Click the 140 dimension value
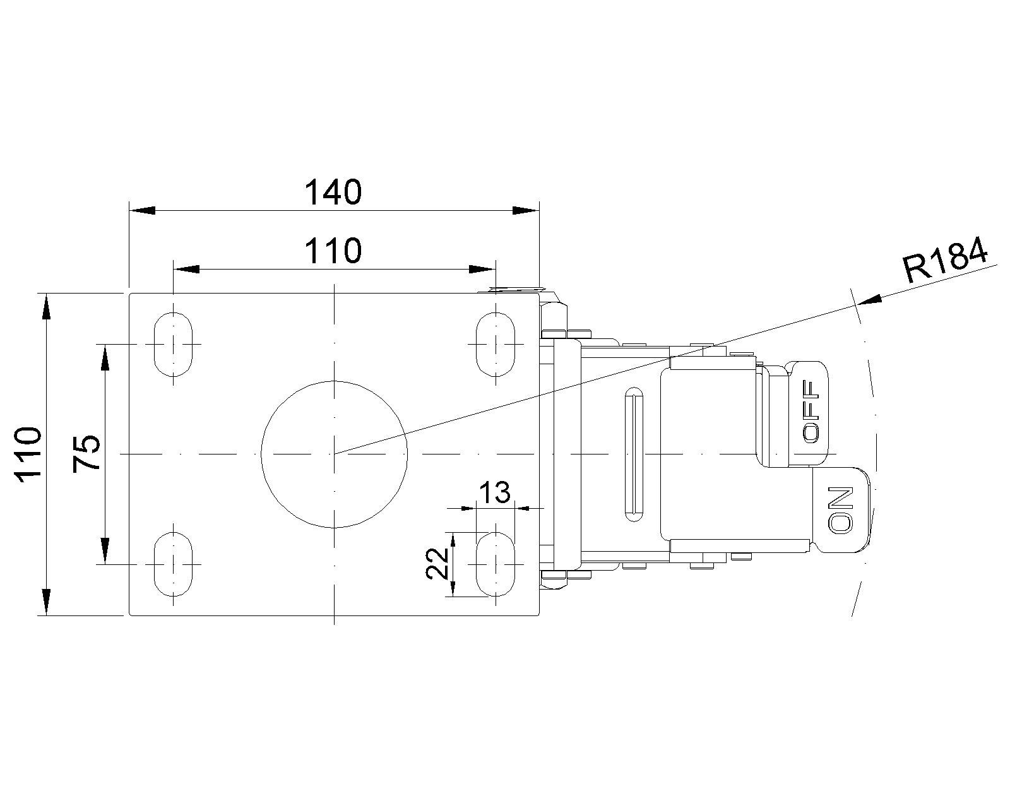click(x=333, y=192)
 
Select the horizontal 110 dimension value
click(x=333, y=251)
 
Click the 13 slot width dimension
click(x=495, y=492)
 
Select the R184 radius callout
click(x=945, y=260)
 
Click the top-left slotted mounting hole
click(x=173, y=344)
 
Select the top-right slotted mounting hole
click(x=496, y=344)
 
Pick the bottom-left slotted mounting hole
click(x=173, y=564)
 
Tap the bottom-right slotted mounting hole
click(x=496, y=564)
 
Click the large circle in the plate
click(x=335, y=453)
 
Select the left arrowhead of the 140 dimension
click(x=141, y=210)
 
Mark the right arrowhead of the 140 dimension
click(x=525, y=210)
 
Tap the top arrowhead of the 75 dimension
click(x=105, y=357)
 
